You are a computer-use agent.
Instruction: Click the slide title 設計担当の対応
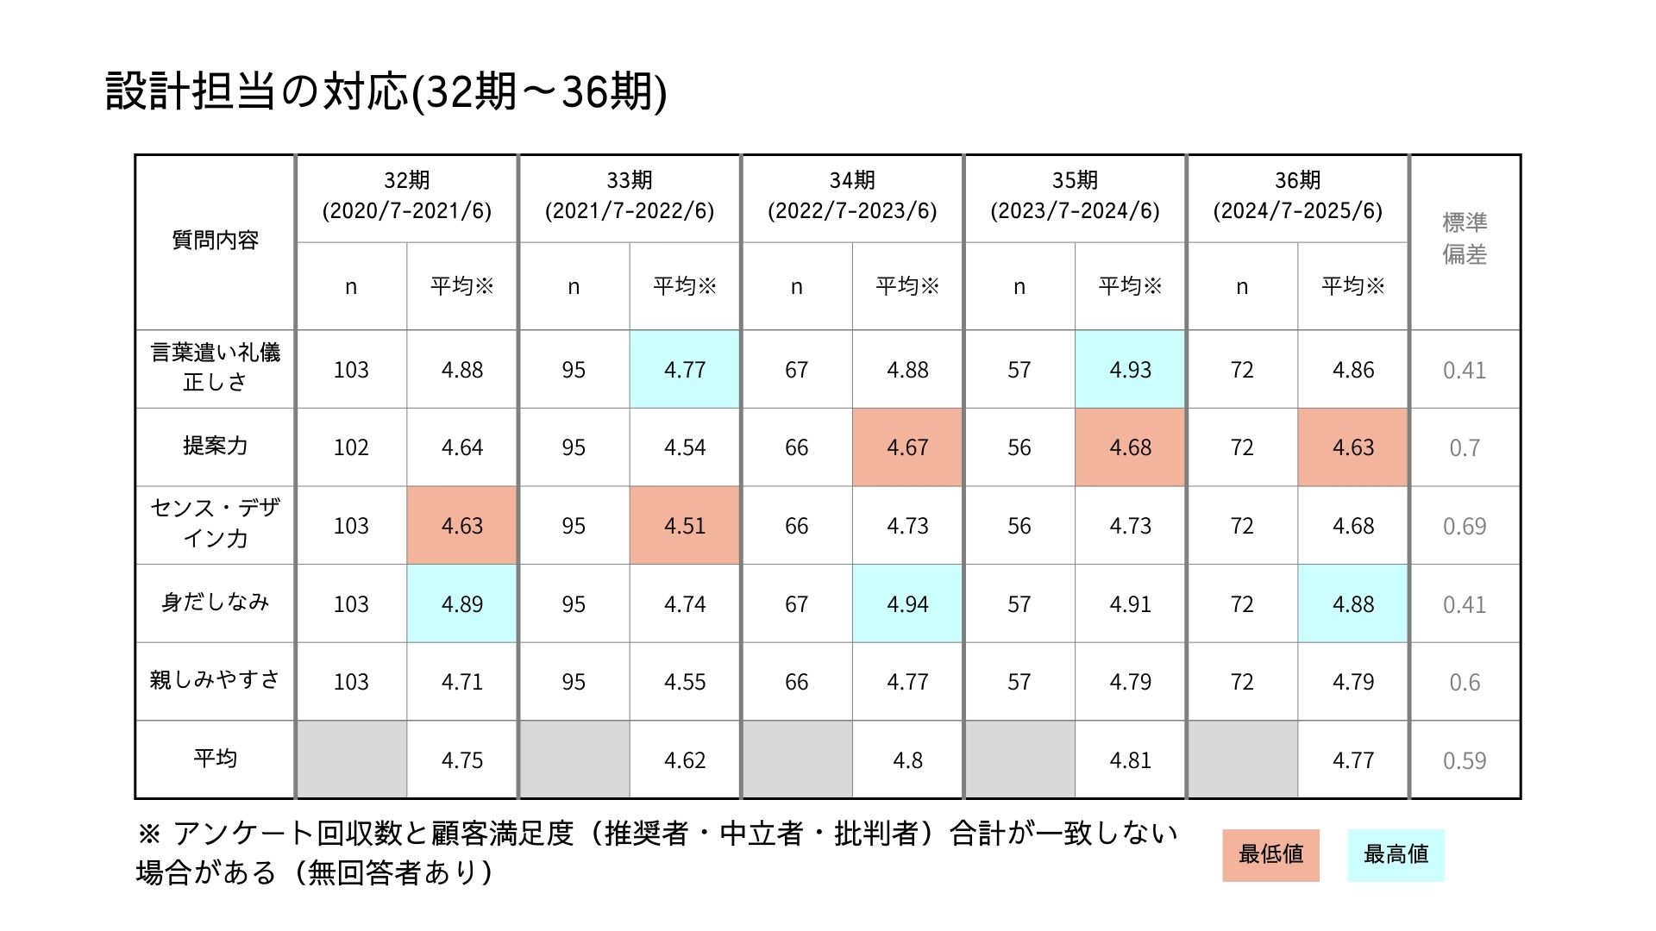point(386,91)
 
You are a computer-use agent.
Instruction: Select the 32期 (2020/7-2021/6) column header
point(406,196)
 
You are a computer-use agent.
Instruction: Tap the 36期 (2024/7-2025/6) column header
point(1297,196)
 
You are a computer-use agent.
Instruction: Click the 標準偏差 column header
point(1465,238)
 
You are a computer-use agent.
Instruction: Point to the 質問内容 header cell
point(215,241)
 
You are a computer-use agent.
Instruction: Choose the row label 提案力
point(215,446)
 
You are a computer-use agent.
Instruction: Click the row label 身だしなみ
point(215,603)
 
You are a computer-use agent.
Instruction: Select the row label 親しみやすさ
point(215,680)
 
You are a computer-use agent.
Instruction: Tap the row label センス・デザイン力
point(215,523)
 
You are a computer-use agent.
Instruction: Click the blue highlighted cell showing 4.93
point(1130,370)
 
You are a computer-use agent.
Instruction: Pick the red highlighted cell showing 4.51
point(685,526)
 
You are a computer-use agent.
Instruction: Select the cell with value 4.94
point(907,604)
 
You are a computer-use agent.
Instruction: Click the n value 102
point(351,447)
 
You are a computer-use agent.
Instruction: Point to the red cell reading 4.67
point(907,447)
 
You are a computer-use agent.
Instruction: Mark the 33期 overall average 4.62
point(685,760)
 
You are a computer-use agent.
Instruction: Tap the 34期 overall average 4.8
point(907,760)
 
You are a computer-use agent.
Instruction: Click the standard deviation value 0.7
point(1465,448)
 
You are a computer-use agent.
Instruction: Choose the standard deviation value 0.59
point(1465,761)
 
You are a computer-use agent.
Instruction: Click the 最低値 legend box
point(1270,855)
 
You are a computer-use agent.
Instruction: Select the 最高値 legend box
point(1396,855)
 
